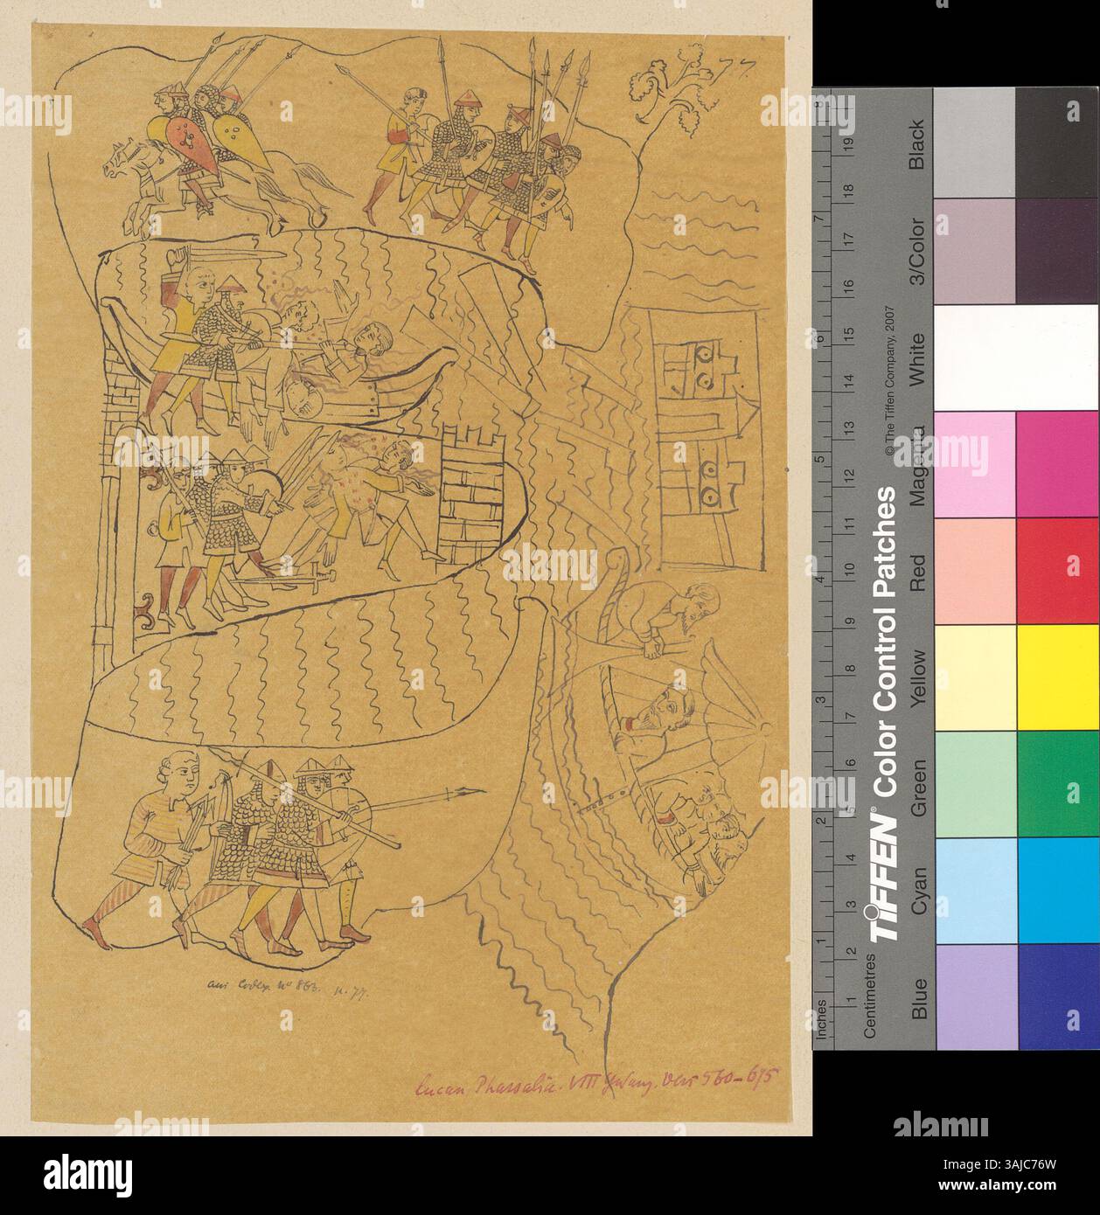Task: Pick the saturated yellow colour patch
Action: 1056,678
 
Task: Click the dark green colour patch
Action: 1056,785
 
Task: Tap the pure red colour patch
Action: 1056,572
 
